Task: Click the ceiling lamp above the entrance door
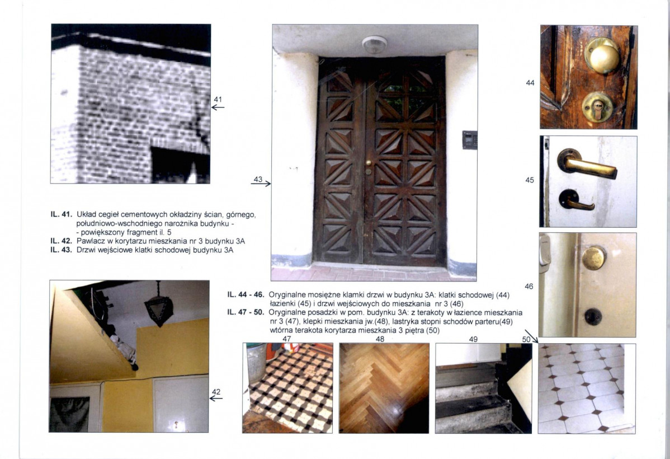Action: click(x=375, y=44)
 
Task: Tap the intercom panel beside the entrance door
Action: click(x=470, y=140)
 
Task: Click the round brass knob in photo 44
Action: click(x=602, y=56)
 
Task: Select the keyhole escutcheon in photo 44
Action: click(x=597, y=106)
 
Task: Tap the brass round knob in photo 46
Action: click(x=594, y=258)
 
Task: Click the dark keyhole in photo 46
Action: click(x=593, y=317)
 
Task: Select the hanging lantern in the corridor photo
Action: click(x=159, y=305)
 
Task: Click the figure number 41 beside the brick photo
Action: click(x=218, y=99)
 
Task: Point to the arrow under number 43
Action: click(x=261, y=184)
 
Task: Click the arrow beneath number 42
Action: click(x=216, y=398)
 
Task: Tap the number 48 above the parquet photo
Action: click(x=380, y=339)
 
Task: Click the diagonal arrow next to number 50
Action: click(x=531, y=336)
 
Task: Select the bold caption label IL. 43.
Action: click(x=60, y=250)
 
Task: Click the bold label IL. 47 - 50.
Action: click(x=246, y=312)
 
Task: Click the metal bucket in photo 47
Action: click(x=257, y=363)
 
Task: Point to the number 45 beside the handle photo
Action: click(x=530, y=180)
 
